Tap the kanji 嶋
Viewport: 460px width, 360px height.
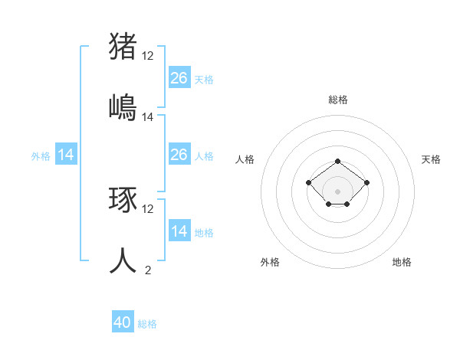[x=123, y=106]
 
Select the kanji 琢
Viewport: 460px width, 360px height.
[x=123, y=199]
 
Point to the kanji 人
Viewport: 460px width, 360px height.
[x=123, y=260]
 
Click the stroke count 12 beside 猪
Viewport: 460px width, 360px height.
[x=148, y=55]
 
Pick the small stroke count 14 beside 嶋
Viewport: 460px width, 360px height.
[x=148, y=117]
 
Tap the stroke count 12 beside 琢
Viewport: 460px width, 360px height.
[x=148, y=208]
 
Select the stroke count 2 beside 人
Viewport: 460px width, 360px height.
[x=148, y=270]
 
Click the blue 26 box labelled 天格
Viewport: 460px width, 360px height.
[x=179, y=77]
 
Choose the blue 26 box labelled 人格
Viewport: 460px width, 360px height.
[x=179, y=155]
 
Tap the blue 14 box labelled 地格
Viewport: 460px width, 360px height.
[x=179, y=231]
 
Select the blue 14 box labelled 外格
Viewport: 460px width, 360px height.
[x=66, y=155]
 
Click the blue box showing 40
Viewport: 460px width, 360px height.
[x=123, y=322]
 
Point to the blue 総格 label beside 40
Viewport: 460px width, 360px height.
[x=147, y=324]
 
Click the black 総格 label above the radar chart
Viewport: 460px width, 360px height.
[x=338, y=100]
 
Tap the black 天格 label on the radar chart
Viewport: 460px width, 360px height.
[x=432, y=159]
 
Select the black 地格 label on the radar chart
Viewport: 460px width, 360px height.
[x=402, y=262]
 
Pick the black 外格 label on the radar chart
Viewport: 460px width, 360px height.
[x=270, y=262]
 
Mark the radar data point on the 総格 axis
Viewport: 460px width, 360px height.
[x=338, y=161]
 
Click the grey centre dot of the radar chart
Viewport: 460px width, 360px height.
[x=338, y=191]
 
